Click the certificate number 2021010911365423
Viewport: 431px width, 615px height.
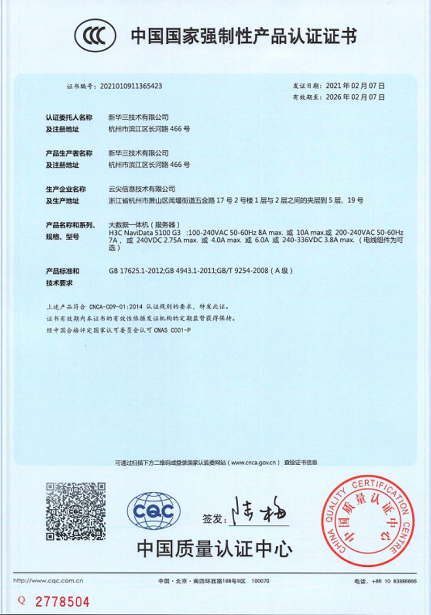click(131, 86)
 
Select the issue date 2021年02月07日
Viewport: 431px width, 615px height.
click(356, 86)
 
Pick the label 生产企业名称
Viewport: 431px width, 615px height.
click(65, 188)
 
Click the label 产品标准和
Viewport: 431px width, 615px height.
click(62, 271)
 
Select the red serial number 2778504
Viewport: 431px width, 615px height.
click(62, 601)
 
